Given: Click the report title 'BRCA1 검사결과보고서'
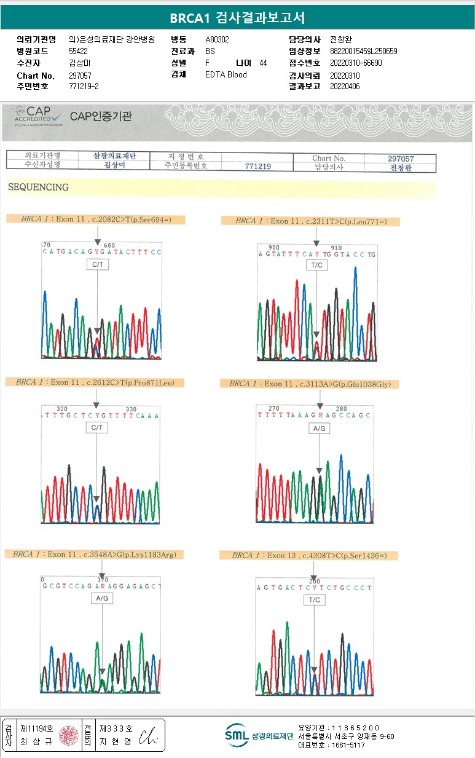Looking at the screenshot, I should [237, 18].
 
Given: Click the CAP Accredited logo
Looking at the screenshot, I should [39, 116].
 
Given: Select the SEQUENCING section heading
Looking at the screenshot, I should [38, 187].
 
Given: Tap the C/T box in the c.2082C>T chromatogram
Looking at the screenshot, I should [98, 264].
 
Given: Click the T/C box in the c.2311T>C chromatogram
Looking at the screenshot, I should [316, 265].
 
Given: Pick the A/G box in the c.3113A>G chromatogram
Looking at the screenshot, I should [320, 428].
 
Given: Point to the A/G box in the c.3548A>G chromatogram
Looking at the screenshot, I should [102, 598].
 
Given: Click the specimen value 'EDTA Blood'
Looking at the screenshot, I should [226, 75].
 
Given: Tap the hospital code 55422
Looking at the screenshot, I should [79, 52].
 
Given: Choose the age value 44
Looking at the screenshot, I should [263, 63].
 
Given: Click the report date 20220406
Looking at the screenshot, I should [345, 87].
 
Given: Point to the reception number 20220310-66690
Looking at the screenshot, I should [356, 63].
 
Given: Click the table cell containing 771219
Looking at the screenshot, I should [257, 166].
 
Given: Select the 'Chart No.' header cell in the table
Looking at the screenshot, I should [329, 159].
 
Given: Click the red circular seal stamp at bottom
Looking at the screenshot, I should [68, 735].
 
